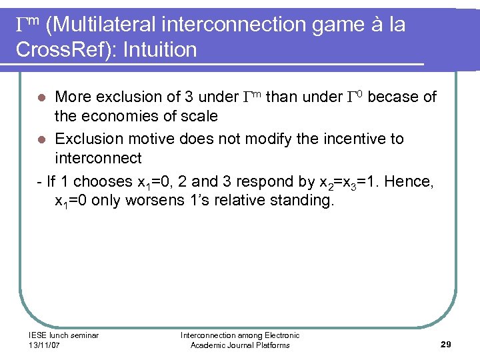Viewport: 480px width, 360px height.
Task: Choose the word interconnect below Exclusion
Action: click(98, 158)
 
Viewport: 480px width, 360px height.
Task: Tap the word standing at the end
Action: click(299, 201)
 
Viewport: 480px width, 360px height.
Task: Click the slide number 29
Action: click(446, 344)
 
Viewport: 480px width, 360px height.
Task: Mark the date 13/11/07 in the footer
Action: click(45, 345)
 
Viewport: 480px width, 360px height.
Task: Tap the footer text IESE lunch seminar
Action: click(63, 335)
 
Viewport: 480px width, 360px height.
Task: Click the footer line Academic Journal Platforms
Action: click(240, 345)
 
